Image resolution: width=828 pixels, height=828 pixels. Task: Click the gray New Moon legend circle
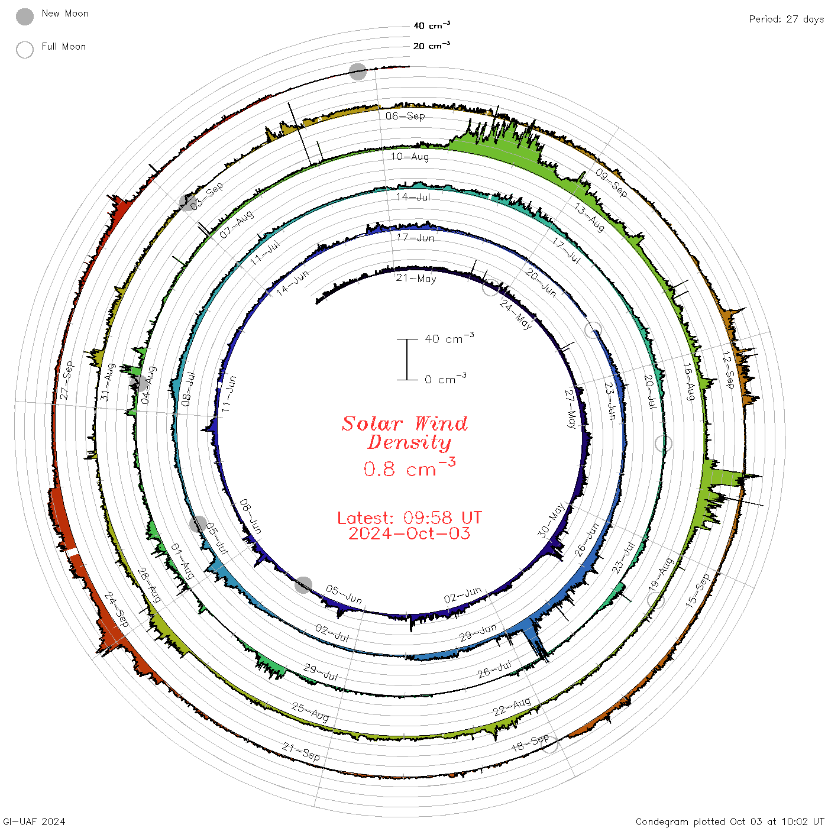(x=24, y=17)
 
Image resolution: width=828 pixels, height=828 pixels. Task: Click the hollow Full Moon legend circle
(x=24, y=50)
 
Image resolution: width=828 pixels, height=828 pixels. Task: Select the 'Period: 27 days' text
(x=786, y=20)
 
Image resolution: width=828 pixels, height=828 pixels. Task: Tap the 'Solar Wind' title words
(x=405, y=423)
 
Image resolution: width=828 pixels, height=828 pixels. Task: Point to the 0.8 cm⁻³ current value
(x=409, y=467)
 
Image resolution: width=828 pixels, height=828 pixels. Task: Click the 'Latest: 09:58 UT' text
(x=409, y=517)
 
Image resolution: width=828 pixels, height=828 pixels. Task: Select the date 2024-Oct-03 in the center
(x=409, y=533)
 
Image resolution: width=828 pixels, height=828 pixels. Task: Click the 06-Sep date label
(x=405, y=116)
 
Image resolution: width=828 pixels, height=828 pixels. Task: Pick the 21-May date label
(x=416, y=279)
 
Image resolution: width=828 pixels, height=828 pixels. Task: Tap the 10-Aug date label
(x=409, y=156)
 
